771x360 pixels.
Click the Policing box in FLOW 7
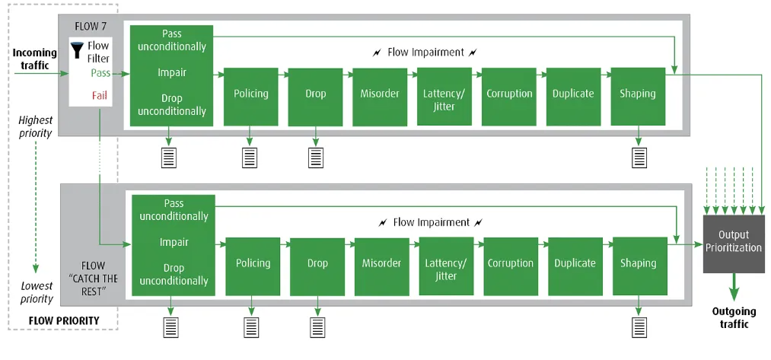(x=250, y=97)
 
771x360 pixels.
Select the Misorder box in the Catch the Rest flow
(x=381, y=266)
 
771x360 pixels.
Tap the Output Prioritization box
(x=734, y=244)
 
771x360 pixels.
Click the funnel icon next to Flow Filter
(x=77, y=50)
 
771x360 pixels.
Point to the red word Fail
(x=100, y=95)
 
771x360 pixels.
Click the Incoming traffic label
(x=34, y=59)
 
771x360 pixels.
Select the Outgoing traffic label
(x=734, y=317)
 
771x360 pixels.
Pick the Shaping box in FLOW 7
(x=638, y=97)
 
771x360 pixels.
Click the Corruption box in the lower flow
(x=511, y=266)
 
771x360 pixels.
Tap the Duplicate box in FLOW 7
(x=573, y=97)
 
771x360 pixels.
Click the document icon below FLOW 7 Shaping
(x=639, y=158)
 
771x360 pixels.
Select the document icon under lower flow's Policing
(x=251, y=327)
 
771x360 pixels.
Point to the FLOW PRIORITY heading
(x=64, y=320)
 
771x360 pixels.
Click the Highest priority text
(x=36, y=126)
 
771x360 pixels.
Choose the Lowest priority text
(x=37, y=292)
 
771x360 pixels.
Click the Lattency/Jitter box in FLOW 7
(x=444, y=97)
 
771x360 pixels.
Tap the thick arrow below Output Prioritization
(x=734, y=287)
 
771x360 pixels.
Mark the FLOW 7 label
(x=91, y=26)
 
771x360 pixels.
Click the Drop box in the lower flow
(x=317, y=266)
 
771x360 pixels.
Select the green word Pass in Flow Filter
(x=100, y=73)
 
